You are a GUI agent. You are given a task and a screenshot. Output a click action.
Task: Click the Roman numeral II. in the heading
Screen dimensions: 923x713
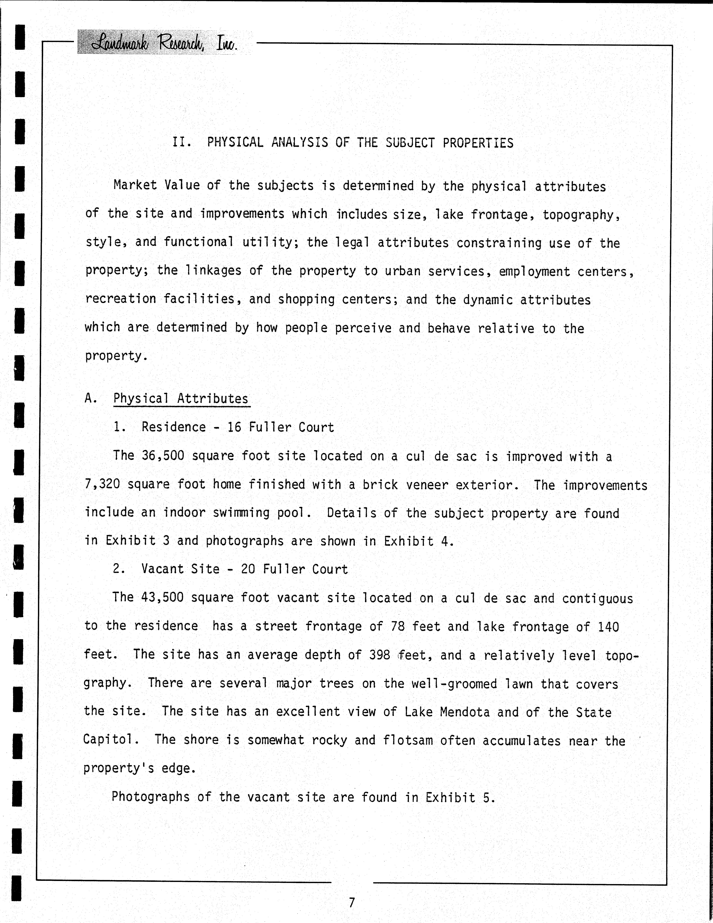point(182,142)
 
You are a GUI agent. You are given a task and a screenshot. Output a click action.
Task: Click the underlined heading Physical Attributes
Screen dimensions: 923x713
point(181,398)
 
